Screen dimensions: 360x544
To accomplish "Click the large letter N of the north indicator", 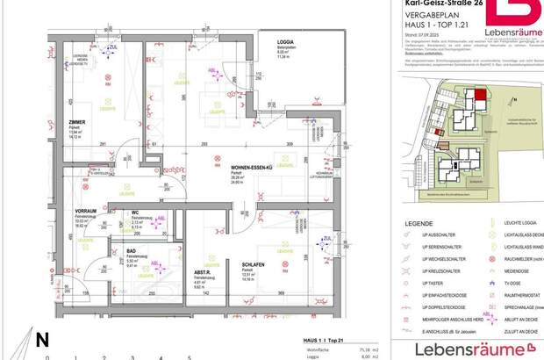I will (x=41, y=338).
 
